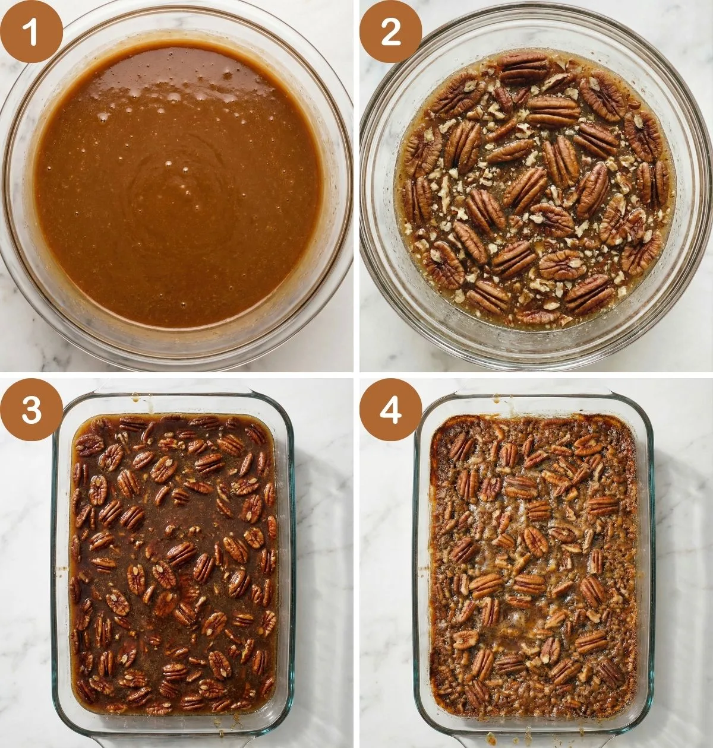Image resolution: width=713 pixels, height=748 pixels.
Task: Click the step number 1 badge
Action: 31,31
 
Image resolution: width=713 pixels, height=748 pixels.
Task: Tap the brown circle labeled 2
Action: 390,31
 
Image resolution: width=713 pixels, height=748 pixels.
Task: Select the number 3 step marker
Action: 31,410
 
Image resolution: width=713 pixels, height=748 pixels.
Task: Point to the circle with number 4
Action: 390,410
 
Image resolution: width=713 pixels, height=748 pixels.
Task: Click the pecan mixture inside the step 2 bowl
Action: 538,196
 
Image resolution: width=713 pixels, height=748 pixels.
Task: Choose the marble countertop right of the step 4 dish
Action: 683,564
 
